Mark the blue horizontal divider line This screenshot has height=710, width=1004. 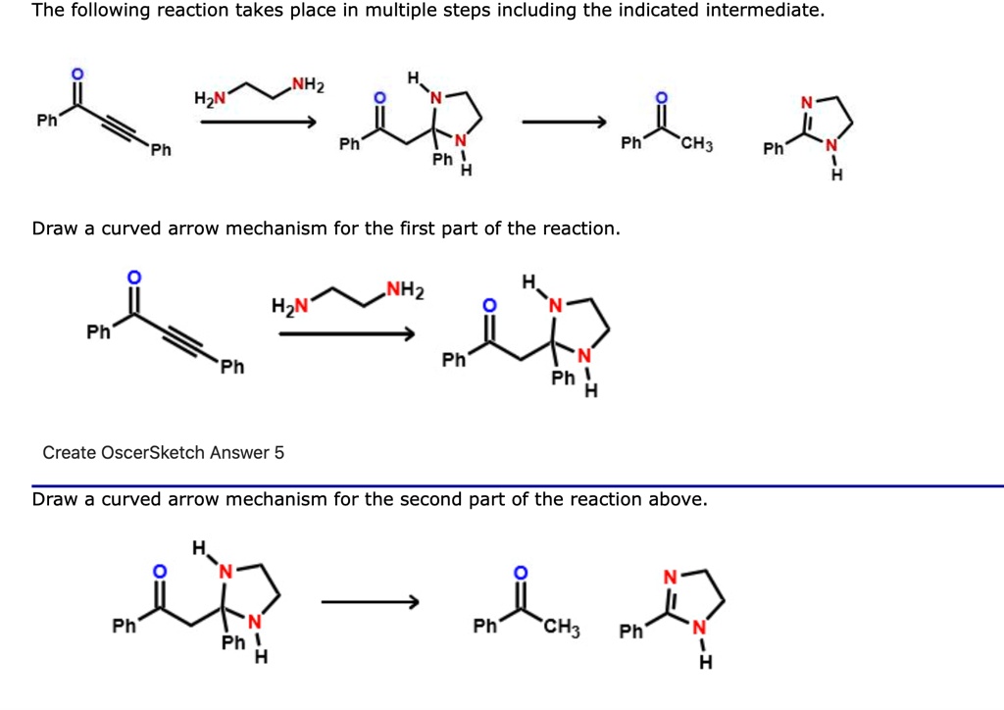[x=518, y=485]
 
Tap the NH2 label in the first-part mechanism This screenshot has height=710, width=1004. [x=405, y=289]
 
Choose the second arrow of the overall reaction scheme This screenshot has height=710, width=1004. [x=565, y=123]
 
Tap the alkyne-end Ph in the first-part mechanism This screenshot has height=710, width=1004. [x=231, y=368]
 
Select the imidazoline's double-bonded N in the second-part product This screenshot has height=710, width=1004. [x=670, y=577]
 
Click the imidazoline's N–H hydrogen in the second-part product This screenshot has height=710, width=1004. [x=704, y=663]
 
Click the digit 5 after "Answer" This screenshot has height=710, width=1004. [x=279, y=453]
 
